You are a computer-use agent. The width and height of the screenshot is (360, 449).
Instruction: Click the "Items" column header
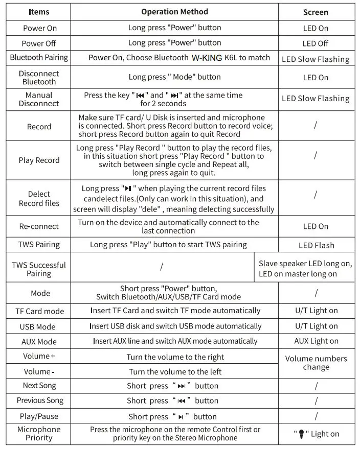click(x=39, y=12)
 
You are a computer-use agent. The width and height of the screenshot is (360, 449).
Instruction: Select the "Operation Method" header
click(x=174, y=12)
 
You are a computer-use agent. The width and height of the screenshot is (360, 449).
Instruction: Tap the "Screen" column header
click(x=316, y=12)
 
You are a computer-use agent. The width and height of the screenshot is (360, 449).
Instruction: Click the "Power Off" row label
click(x=39, y=43)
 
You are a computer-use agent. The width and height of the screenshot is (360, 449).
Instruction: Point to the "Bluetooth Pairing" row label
click(x=39, y=57)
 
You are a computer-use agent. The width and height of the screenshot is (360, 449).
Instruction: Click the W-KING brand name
click(x=207, y=58)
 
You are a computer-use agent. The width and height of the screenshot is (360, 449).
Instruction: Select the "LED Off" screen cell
click(x=316, y=43)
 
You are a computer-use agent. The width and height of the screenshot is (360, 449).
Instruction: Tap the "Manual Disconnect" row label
click(x=39, y=99)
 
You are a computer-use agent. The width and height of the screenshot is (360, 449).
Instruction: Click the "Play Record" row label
click(x=39, y=160)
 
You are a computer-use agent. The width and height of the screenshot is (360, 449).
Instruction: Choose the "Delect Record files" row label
click(x=39, y=199)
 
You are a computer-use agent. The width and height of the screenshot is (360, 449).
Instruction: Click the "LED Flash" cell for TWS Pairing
click(x=316, y=245)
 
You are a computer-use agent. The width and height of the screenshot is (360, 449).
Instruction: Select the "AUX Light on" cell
click(x=316, y=341)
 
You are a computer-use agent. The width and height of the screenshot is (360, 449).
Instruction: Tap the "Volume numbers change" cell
click(x=316, y=363)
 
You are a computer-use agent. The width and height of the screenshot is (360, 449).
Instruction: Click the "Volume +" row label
click(x=39, y=357)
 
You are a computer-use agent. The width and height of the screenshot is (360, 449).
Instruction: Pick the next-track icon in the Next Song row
click(x=181, y=386)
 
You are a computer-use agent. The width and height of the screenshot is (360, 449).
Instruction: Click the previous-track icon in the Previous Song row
click(x=181, y=401)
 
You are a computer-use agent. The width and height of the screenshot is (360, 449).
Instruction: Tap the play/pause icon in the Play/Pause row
click(x=181, y=417)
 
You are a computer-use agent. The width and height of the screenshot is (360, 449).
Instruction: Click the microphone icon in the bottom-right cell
click(x=302, y=434)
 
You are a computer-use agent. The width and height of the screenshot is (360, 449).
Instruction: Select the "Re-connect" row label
click(x=39, y=226)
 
